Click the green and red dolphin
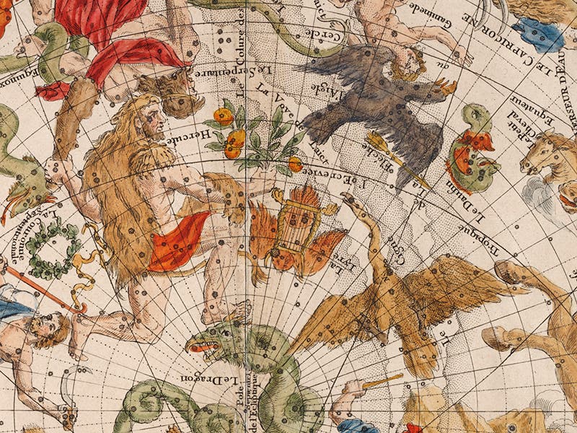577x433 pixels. (472, 152)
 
